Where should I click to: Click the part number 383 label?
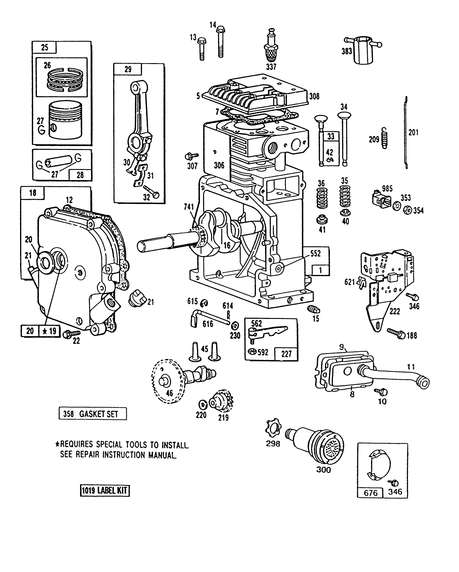tap(347, 51)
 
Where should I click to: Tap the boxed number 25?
tap(45, 47)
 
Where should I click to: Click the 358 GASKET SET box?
tap(93, 414)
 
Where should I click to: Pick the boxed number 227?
tap(286, 353)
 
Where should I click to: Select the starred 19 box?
tap(49, 331)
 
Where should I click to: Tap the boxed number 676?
tap(371, 493)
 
